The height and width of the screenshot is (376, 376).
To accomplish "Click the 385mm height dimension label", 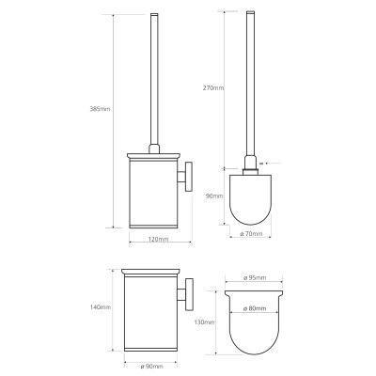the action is point(100,109).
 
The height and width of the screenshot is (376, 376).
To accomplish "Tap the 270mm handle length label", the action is point(213,88).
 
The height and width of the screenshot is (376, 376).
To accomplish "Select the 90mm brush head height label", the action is point(214,196).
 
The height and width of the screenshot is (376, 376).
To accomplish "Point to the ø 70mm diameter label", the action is point(251,234).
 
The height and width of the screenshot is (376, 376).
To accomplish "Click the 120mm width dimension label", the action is point(158,240).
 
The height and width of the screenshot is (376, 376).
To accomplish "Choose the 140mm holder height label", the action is point(101,307).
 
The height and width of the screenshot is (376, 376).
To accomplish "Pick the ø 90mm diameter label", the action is point(151,367).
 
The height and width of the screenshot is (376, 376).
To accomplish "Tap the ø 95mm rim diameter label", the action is point(255,277).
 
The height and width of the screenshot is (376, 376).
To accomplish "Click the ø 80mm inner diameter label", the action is point(255,308).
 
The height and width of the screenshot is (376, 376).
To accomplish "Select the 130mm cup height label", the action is point(204,322).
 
